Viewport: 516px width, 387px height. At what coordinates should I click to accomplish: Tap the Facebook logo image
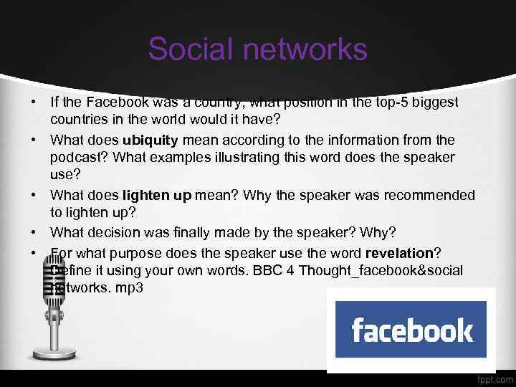point(411,330)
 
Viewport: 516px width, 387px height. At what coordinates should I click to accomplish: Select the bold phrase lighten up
point(156,196)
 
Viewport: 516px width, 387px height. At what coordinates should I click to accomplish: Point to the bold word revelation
point(399,253)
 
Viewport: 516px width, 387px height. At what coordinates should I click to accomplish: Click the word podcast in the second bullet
point(75,158)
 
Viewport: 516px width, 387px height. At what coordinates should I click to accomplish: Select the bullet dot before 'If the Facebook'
point(33,102)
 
